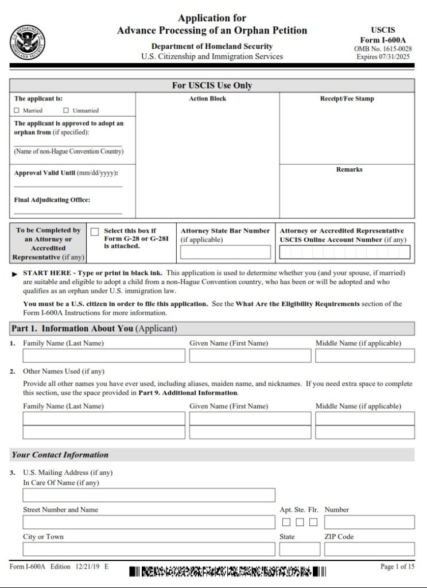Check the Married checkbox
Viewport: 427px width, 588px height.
point(17,110)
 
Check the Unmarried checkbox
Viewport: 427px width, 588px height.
point(66,110)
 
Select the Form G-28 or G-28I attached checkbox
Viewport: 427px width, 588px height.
point(95,231)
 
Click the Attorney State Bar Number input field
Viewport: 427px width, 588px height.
point(226,252)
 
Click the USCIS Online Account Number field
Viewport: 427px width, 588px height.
point(344,252)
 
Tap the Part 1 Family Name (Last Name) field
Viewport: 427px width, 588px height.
point(104,355)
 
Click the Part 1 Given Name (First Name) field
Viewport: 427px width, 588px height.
point(250,355)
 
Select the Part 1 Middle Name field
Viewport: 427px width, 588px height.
point(364,355)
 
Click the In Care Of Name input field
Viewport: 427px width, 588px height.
point(149,495)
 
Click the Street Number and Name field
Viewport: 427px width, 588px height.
point(149,522)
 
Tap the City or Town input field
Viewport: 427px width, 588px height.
point(149,549)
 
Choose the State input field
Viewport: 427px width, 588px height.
point(300,549)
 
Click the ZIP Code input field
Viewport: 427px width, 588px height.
point(369,549)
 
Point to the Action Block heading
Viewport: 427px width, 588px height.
point(208,99)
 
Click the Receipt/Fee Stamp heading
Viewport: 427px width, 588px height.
point(347,99)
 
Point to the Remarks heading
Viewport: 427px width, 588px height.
point(349,169)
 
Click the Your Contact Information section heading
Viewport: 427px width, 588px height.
point(60,455)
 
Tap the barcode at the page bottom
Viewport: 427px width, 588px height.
point(227,571)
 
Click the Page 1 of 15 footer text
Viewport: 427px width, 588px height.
point(397,567)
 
